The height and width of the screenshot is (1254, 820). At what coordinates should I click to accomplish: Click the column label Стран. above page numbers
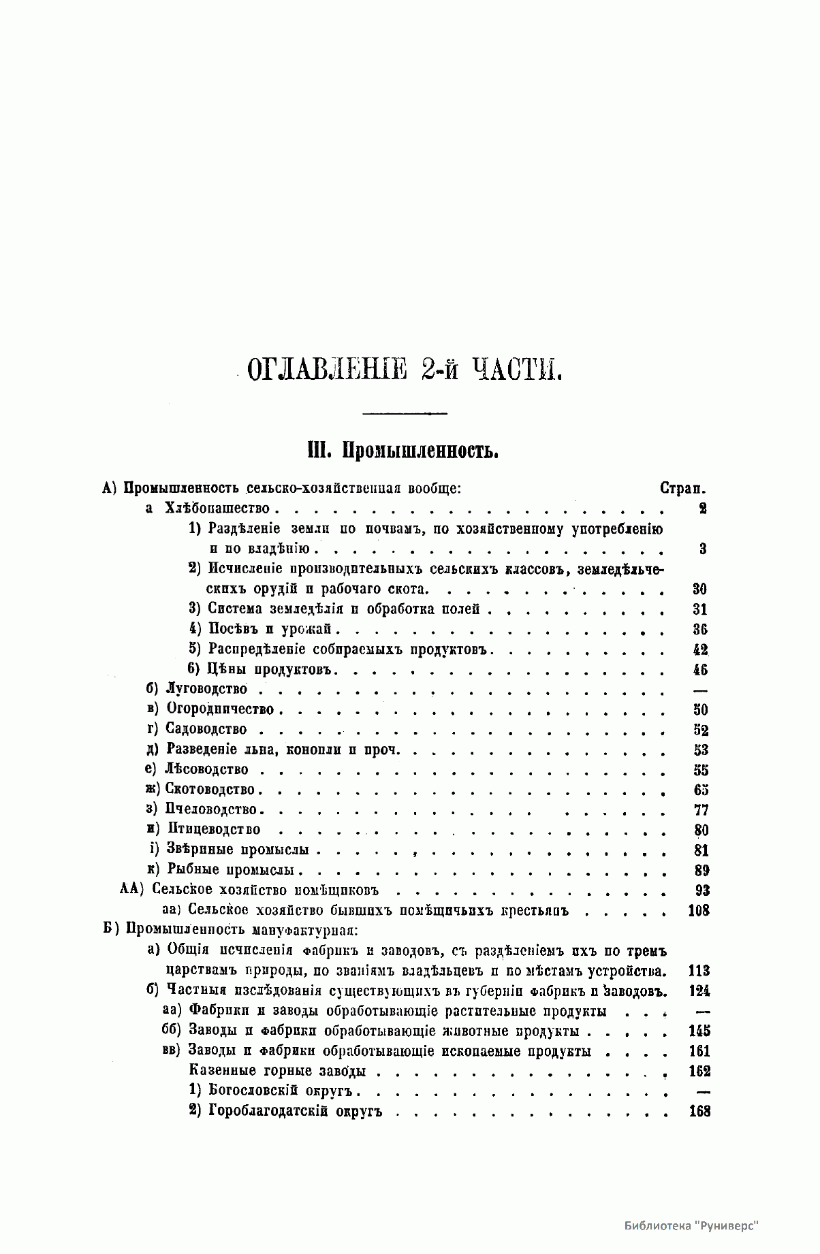[x=682, y=488]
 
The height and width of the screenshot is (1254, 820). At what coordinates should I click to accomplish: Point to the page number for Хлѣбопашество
[x=702, y=509]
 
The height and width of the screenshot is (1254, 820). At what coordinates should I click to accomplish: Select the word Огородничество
[x=220, y=709]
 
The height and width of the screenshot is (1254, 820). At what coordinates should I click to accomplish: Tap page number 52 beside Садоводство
[x=701, y=730]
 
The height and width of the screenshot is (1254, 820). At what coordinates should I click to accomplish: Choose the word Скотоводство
[x=210, y=790]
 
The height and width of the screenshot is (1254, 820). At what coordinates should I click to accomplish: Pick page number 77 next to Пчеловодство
[x=701, y=810]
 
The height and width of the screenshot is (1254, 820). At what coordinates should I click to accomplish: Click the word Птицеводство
[x=213, y=830]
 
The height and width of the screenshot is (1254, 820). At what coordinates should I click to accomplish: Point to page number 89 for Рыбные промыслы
[x=701, y=870]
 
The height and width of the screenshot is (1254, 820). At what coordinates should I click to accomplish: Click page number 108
[x=699, y=910]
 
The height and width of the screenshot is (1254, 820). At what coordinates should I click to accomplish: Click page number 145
[x=699, y=1031]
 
